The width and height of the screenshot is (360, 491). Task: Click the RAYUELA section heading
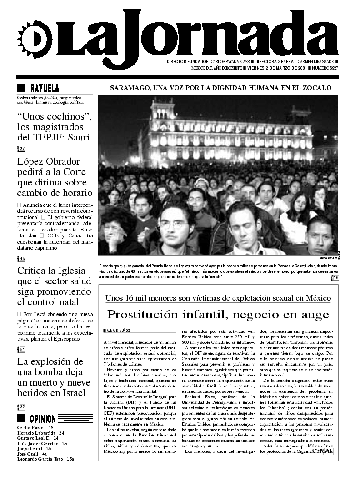(44, 88)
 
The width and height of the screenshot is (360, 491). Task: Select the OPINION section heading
(42, 419)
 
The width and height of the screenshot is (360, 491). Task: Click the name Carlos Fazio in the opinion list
(30, 428)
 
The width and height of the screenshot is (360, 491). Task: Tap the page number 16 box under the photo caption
(335, 278)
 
